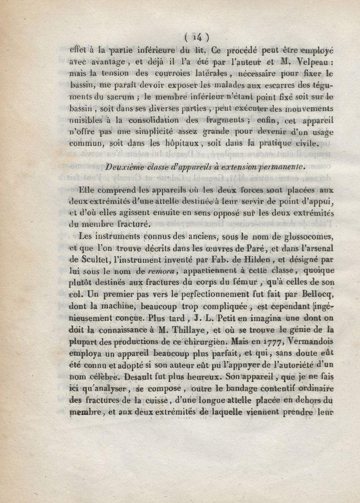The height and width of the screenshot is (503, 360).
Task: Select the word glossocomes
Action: (310, 236)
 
